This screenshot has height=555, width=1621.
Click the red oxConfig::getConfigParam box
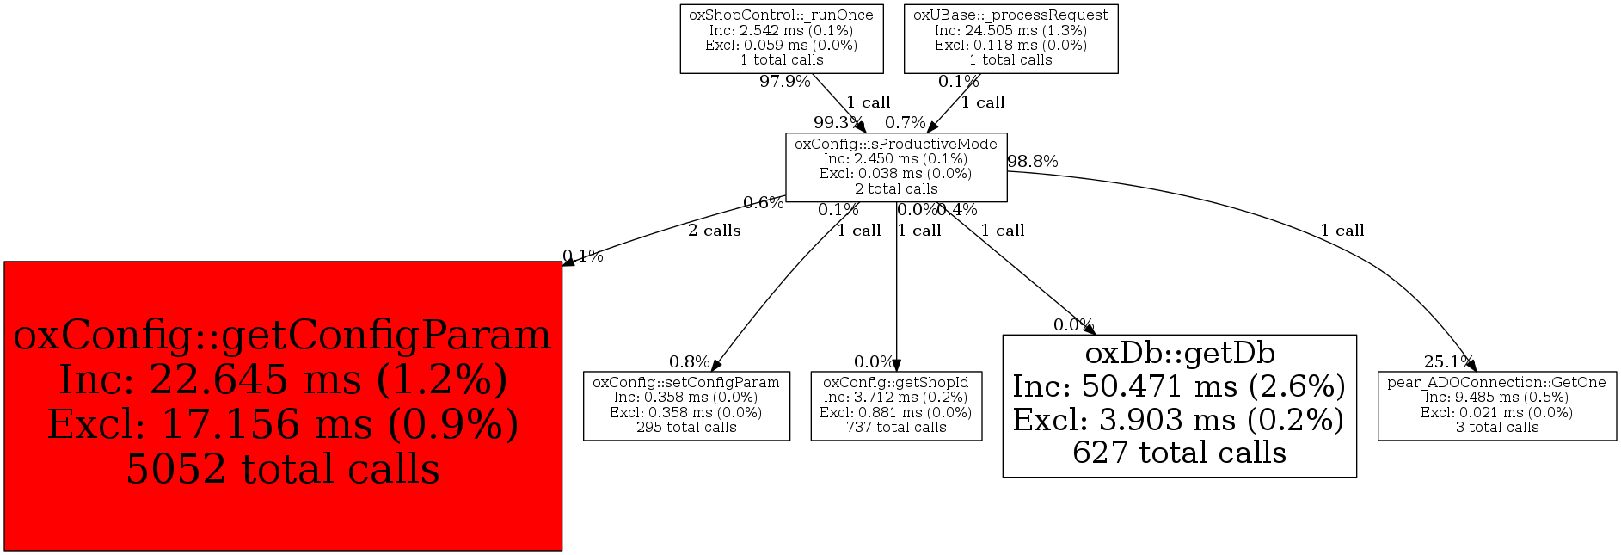click(x=283, y=405)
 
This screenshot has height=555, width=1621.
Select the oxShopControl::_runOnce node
click(x=781, y=38)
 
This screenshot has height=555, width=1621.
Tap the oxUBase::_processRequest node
click(x=1010, y=38)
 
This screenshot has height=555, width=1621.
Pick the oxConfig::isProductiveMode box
click(x=895, y=167)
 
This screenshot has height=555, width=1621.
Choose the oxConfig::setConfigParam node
click(x=686, y=405)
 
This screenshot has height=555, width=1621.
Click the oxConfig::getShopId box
click(x=896, y=405)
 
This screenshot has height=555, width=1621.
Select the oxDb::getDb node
click(x=1179, y=405)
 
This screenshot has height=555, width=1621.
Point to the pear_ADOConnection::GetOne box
click(x=1496, y=405)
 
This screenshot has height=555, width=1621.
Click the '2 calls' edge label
click(x=714, y=231)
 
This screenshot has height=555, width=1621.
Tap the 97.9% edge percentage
click(x=784, y=82)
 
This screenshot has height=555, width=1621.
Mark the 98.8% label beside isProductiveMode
click(x=1032, y=162)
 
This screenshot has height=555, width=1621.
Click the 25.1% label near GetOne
click(x=1448, y=362)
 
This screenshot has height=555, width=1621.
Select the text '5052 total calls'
click(x=283, y=470)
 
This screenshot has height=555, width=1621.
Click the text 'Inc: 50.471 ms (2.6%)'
click(x=1179, y=387)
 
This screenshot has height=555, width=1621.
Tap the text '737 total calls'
click(x=896, y=428)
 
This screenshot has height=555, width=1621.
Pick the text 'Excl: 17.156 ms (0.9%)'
click(x=283, y=425)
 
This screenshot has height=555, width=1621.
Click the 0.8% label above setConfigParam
click(x=689, y=362)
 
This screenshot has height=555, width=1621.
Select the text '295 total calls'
click(x=686, y=428)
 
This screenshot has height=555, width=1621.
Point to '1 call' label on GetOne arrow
click(x=1342, y=231)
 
